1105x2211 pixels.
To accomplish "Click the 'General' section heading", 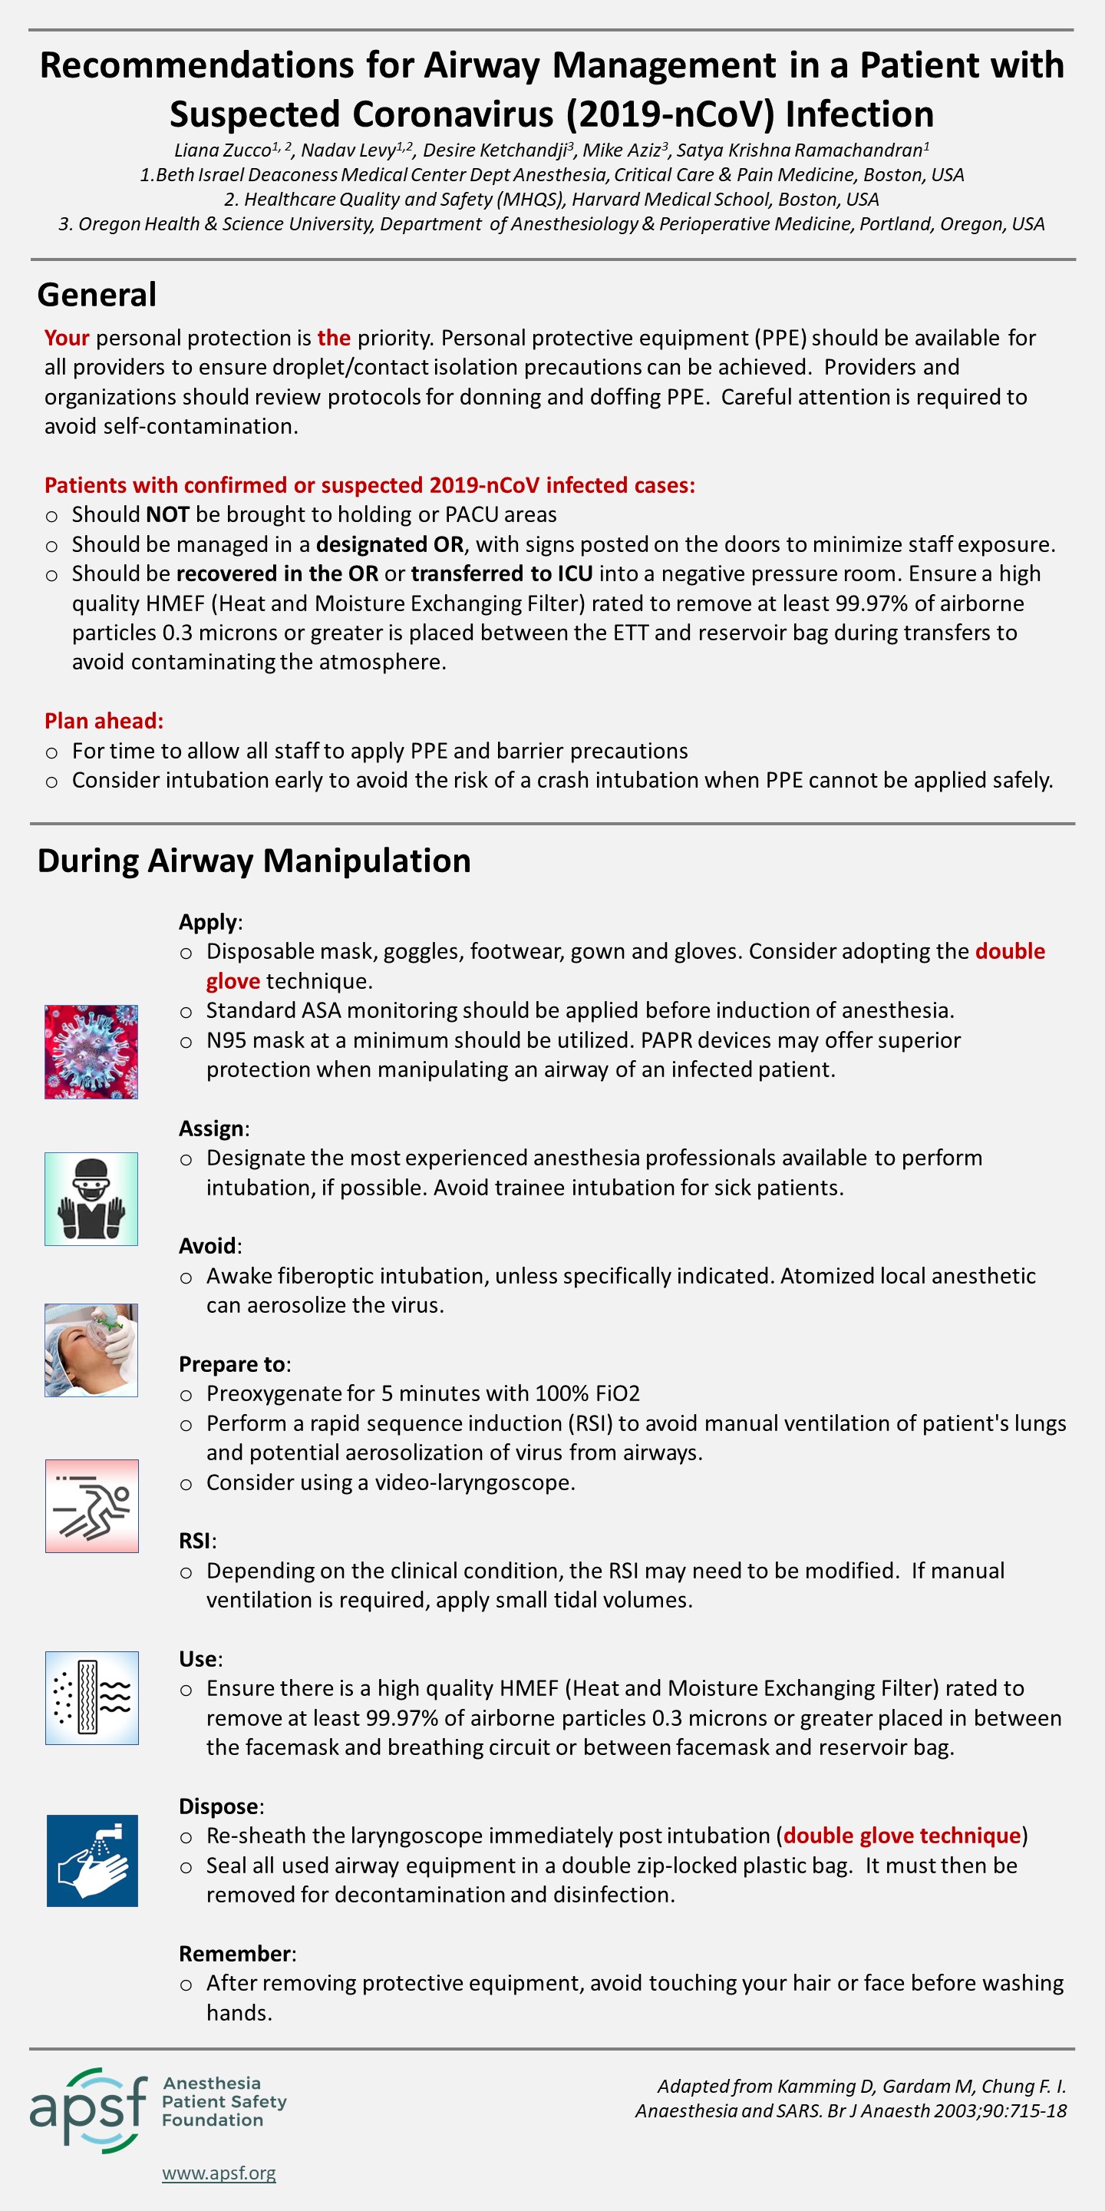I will (x=97, y=294).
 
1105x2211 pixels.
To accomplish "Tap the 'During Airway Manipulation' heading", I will (x=254, y=860).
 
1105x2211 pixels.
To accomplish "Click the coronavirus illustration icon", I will (x=91, y=1052).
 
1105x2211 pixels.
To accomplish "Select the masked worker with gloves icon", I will (x=91, y=1198).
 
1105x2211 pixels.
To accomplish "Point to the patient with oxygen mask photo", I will (x=91, y=1350).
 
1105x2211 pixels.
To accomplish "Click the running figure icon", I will (x=92, y=1505).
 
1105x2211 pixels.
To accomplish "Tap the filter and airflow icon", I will (x=92, y=1697).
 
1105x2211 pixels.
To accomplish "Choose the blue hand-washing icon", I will (x=92, y=1860).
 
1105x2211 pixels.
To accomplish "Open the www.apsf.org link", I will (x=219, y=2173).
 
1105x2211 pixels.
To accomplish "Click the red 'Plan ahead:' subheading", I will (x=104, y=720).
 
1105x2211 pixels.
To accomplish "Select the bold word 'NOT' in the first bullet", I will (x=167, y=514).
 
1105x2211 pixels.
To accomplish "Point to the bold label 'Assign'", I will (x=213, y=1128).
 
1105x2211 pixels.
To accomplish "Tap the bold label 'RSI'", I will (x=196, y=1540).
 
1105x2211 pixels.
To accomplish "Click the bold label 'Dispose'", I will (x=219, y=1806).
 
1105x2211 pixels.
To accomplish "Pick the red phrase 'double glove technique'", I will (x=902, y=1835).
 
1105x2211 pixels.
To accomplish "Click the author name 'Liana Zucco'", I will (x=223, y=150).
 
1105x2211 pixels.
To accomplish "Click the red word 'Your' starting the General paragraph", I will (x=67, y=337).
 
